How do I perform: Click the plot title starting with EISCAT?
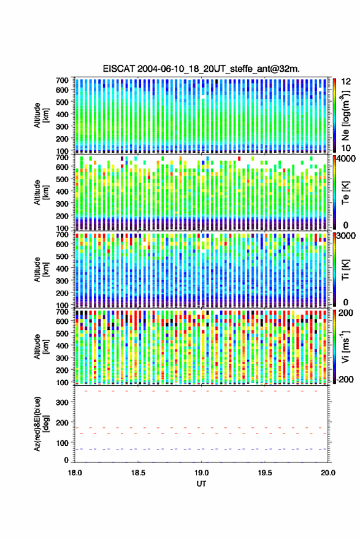tap(201, 69)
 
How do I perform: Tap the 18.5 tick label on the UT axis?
tap(138, 473)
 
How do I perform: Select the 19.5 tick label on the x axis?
tap(265, 473)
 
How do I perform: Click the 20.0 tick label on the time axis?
tap(328, 473)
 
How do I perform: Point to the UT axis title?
tap(201, 484)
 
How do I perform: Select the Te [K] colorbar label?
tap(345, 193)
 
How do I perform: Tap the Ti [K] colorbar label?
tap(345, 270)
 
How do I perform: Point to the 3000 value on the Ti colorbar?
tap(346, 236)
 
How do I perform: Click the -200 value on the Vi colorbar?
tap(345, 380)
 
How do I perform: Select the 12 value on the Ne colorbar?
tap(347, 82)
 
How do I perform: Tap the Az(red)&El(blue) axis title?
tap(41, 424)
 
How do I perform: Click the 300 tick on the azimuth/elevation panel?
tap(62, 402)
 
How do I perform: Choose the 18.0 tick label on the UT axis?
tap(75, 473)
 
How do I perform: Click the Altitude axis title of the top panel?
tap(41, 115)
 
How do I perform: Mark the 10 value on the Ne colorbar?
tap(346, 148)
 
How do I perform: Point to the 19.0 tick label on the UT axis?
tap(202, 473)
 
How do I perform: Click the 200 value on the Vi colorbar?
tap(346, 313)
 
